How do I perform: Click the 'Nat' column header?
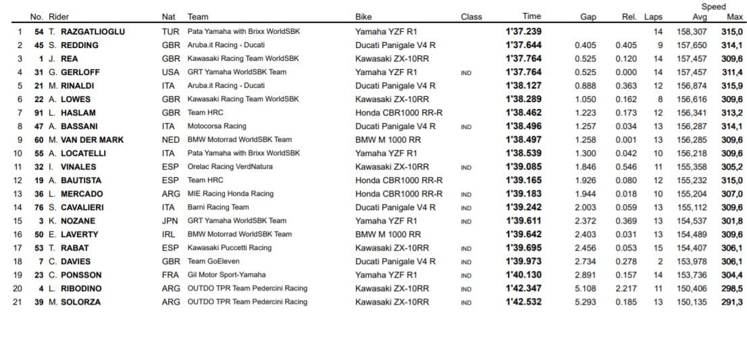(x=169, y=17)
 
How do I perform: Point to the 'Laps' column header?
(x=653, y=17)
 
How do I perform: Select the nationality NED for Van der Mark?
(x=171, y=140)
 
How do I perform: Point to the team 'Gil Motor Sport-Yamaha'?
(x=227, y=275)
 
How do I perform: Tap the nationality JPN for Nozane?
(x=171, y=221)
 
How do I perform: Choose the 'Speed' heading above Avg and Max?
(x=713, y=7)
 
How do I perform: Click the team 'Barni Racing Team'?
(x=218, y=207)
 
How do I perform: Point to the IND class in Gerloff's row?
(x=467, y=72)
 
